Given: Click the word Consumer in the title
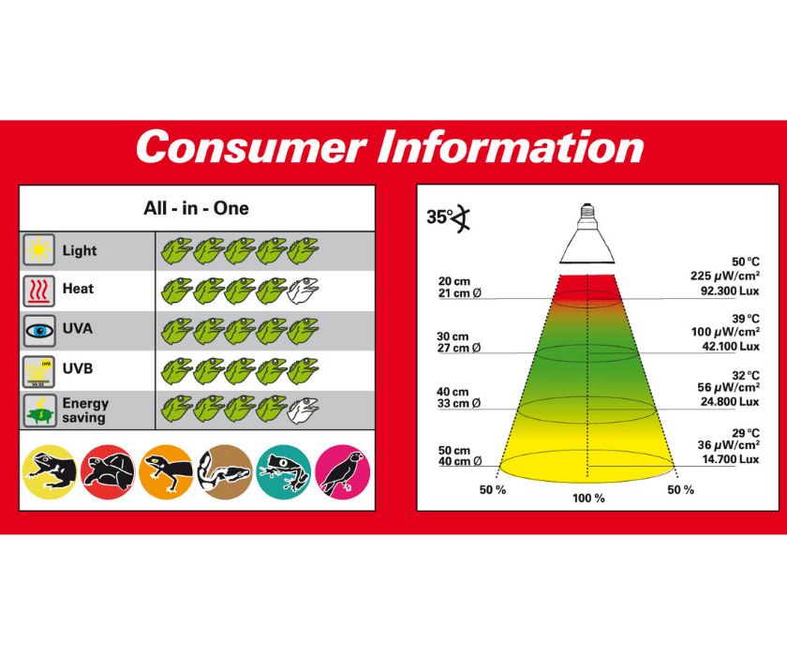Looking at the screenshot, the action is (x=250, y=146).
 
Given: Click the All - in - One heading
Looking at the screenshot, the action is (x=196, y=208).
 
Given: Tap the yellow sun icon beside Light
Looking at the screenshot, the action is (x=38, y=249).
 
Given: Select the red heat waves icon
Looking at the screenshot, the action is (x=38, y=291).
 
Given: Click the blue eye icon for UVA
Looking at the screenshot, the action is (x=38, y=331).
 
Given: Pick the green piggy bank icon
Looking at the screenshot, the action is (x=39, y=411).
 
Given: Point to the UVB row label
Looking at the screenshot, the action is (x=77, y=368).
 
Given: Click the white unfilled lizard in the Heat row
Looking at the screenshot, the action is (x=303, y=291).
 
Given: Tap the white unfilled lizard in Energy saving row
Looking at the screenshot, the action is (x=303, y=410).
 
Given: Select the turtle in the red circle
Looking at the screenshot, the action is (x=108, y=471).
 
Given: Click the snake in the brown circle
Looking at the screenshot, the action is (x=225, y=471).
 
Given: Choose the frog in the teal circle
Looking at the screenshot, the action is (x=284, y=471).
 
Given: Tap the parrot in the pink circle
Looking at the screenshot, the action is (x=343, y=471).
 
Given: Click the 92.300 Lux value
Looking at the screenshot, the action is (x=730, y=291).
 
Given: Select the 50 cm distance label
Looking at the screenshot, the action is (x=454, y=450).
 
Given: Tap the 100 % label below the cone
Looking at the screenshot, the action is (x=588, y=499).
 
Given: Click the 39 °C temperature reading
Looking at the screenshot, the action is (x=746, y=319).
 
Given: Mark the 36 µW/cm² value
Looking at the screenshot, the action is (x=728, y=445).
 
